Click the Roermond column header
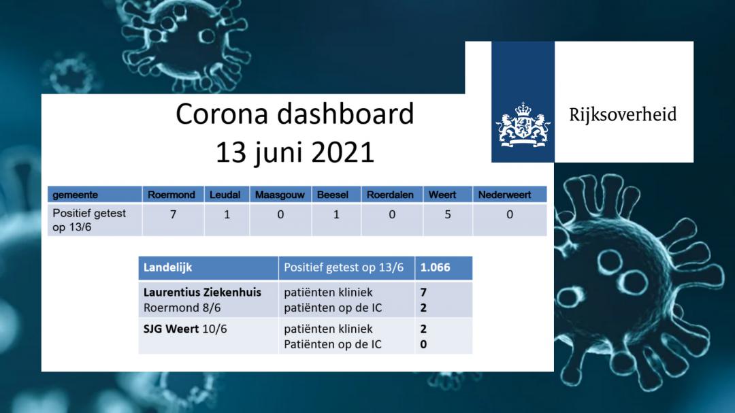tap(171, 195)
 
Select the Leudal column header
tap(225, 195)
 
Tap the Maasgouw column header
tap(280, 195)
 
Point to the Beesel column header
tap(332, 195)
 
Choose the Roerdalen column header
tap(390, 195)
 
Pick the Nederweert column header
tap(504, 195)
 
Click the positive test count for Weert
tap(448, 215)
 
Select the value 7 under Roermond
tap(173, 215)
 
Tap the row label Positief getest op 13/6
tap(89, 220)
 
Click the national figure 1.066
tap(435, 267)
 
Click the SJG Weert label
tap(171, 329)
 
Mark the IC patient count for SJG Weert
tap(423, 344)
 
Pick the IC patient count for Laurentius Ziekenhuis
tap(423, 308)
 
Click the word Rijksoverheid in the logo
tap(623, 115)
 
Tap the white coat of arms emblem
tap(523, 125)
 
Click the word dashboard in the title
tap(346, 114)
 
